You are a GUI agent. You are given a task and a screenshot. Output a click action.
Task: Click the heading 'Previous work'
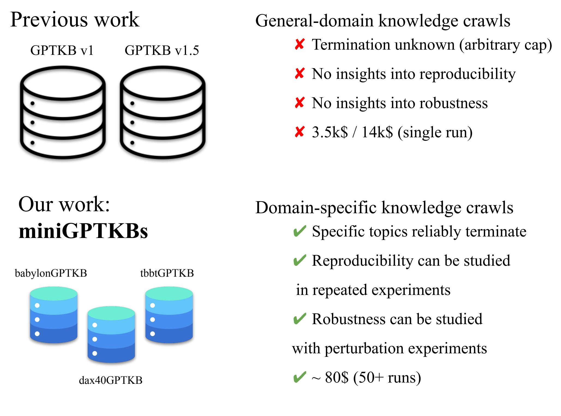pyautogui.click(x=75, y=20)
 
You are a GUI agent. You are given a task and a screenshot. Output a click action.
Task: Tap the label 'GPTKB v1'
pyautogui.click(x=62, y=50)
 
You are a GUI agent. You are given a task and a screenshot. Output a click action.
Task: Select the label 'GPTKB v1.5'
pyautogui.click(x=162, y=50)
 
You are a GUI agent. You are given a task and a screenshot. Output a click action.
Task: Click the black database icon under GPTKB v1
pyautogui.click(x=63, y=112)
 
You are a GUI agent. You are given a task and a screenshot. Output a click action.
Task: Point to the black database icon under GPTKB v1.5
pyautogui.click(x=163, y=112)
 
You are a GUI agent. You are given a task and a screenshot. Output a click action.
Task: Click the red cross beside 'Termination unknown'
pyautogui.click(x=299, y=44)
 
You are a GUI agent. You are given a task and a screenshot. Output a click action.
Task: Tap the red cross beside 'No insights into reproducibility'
pyautogui.click(x=299, y=74)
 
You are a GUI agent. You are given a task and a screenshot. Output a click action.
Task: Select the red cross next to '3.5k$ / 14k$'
pyautogui.click(x=299, y=132)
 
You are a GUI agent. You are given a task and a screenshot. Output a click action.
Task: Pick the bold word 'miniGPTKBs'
pyautogui.click(x=83, y=231)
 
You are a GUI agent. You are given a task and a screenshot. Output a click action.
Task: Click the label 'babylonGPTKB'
pyautogui.click(x=51, y=273)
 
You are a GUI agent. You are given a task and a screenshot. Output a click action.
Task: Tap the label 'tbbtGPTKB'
pyautogui.click(x=167, y=273)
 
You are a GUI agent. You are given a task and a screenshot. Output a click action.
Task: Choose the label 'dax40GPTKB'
pyautogui.click(x=110, y=380)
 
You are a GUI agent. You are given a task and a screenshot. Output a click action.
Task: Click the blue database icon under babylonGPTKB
pyautogui.click(x=54, y=315)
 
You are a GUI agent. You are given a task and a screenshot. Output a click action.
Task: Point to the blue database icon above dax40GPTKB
pyautogui.click(x=111, y=334)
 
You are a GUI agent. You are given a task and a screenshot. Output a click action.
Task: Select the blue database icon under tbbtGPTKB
pyautogui.click(x=169, y=315)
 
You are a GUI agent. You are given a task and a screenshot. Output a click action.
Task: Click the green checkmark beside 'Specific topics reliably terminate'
pyautogui.click(x=299, y=231)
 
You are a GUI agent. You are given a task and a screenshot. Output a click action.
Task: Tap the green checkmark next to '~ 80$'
pyautogui.click(x=299, y=378)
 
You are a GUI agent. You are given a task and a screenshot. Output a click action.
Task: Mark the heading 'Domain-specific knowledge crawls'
pyautogui.click(x=384, y=208)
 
